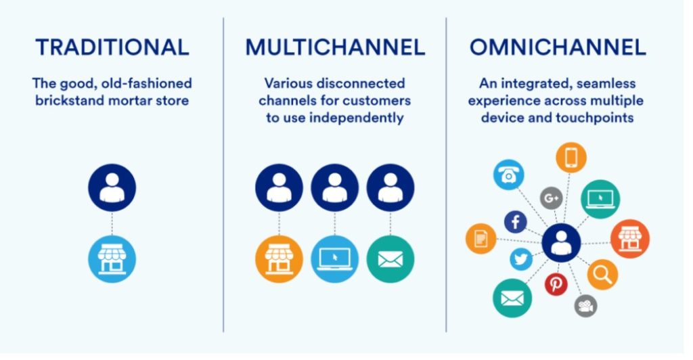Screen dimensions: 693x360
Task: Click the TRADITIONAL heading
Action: pos(112,47)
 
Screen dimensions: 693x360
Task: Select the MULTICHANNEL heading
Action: pos(335,47)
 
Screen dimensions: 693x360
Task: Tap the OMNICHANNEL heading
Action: pos(558,47)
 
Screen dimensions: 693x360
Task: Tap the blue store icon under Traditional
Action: pos(112,259)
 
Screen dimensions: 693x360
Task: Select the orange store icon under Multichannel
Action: pos(279,259)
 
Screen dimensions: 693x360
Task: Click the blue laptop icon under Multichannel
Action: pos(334,259)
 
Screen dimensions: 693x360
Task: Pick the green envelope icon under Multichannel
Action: pos(390,259)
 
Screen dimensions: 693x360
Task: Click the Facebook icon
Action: pos(515,222)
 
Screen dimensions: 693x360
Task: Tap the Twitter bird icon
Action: pos(521,259)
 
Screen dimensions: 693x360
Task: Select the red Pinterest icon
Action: pos(556,284)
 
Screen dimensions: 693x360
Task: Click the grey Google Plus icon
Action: pos(551,198)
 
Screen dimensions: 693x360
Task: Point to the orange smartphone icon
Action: pos(571,157)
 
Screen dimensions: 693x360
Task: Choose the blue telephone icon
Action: pos(509,175)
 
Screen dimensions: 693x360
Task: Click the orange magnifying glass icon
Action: pos(602,274)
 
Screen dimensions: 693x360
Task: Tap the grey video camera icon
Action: pos(585,306)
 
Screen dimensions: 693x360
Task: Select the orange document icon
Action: pos(481,238)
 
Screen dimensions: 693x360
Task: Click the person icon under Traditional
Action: pos(112,187)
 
